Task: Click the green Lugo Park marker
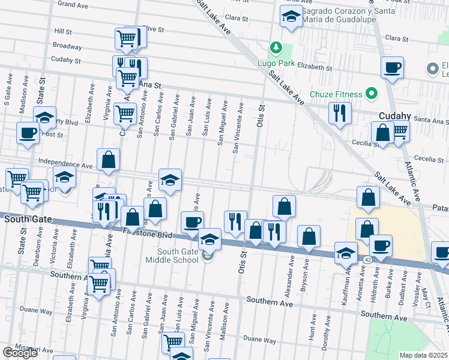[276, 47]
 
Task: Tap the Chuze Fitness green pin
[372, 94]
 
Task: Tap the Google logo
[19, 352]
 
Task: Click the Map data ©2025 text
[424, 355]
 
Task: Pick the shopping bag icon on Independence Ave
[108, 160]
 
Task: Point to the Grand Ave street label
[73, 4]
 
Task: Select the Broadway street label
[67, 46]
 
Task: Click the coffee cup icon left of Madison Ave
[28, 133]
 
